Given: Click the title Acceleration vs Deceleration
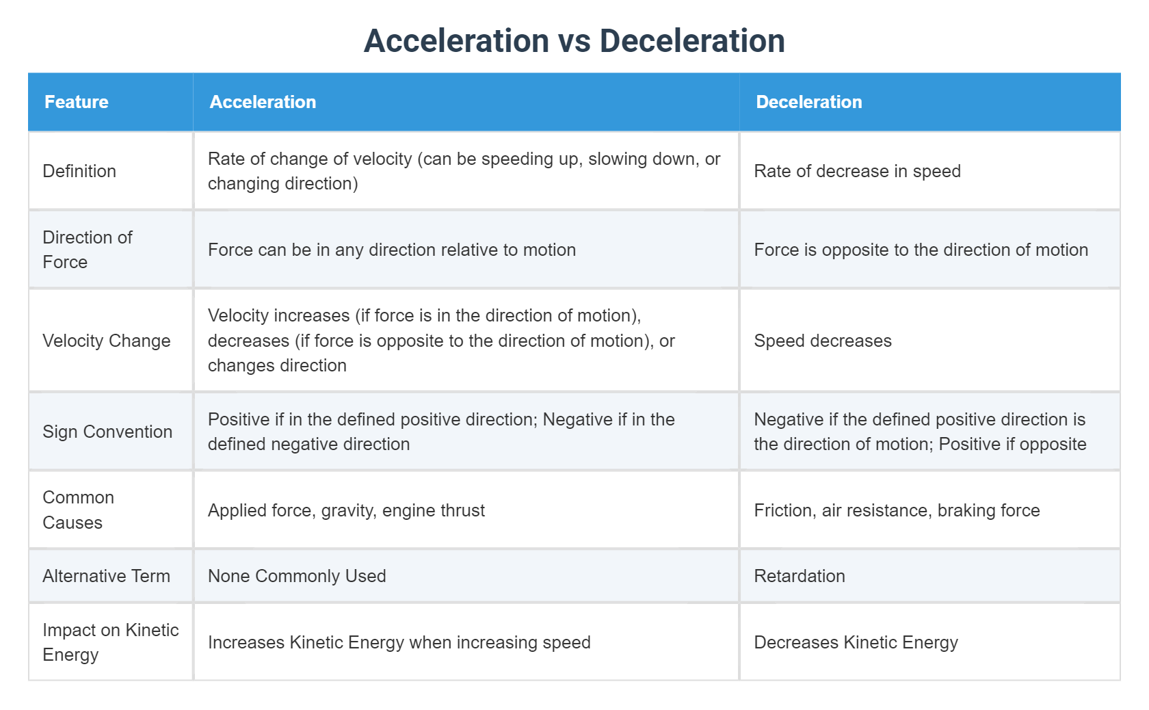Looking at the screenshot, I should (574, 41).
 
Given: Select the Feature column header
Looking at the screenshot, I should (77, 102).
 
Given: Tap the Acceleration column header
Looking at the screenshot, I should (263, 102).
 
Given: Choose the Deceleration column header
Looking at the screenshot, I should (808, 102).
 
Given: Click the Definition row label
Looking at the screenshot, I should (79, 171).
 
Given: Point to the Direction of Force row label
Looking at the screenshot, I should (87, 250).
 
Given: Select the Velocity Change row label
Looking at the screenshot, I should (106, 341).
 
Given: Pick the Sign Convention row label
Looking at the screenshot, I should (107, 432).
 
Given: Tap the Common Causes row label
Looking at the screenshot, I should (78, 510).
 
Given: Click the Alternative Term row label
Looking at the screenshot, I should (106, 576).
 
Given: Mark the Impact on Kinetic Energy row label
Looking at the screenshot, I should (110, 642).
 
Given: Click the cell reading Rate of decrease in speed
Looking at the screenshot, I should (857, 171).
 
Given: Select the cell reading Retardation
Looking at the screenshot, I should (799, 576).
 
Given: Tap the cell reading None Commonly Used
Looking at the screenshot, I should (297, 576).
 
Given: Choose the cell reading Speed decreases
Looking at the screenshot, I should (822, 341).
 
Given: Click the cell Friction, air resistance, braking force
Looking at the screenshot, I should (896, 510).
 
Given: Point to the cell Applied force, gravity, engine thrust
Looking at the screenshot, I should (346, 510).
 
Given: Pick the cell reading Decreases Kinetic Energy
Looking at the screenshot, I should (855, 642).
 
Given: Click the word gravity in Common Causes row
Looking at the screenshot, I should (347, 511).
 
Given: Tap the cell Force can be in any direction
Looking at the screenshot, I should (391, 250).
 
